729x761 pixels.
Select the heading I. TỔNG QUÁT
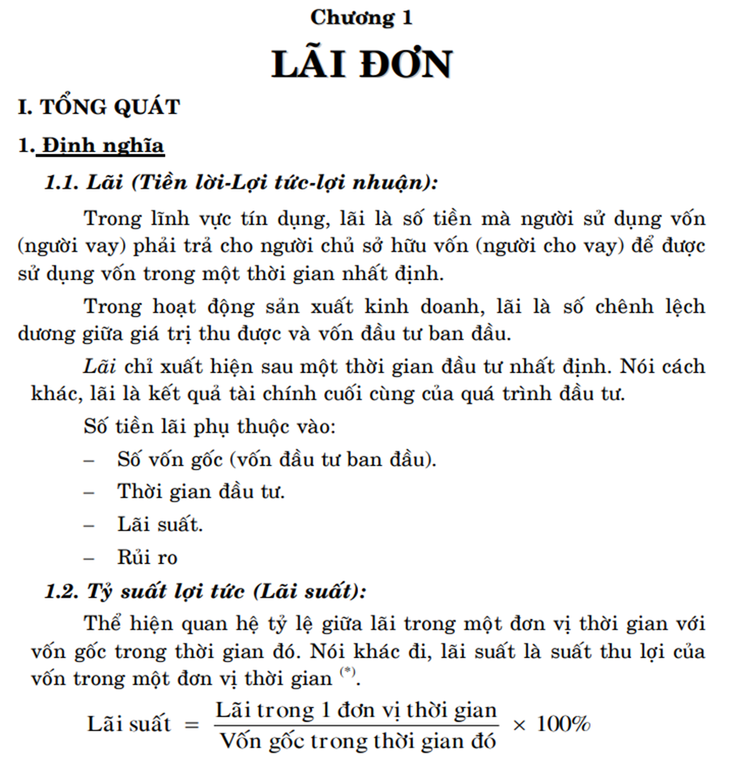[x=99, y=108]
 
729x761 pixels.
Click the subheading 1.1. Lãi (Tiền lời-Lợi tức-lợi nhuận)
[x=241, y=183]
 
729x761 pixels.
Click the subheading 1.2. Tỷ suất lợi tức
[x=205, y=591]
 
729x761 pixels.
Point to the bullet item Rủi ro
[x=147, y=558]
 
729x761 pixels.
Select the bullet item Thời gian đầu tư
[x=200, y=491]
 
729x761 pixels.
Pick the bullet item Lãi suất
[x=160, y=525]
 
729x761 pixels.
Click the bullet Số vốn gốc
[x=276, y=459]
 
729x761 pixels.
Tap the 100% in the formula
[x=564, y=724]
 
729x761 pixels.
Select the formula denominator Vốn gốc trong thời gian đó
[x=357, y=740]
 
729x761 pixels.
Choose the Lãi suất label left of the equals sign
[x=130, y=724]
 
